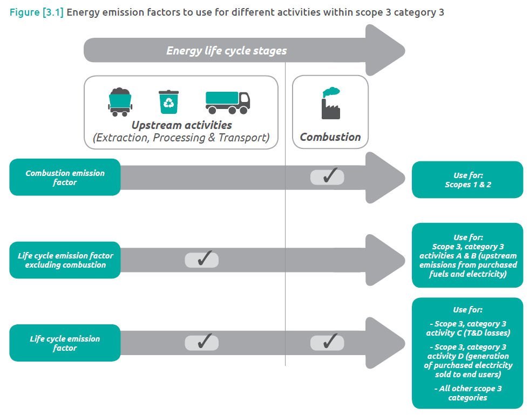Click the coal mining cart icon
point(120,102)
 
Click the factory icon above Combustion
point(330,103)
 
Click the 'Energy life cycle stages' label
point(226,51)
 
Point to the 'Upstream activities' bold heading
point(181,125)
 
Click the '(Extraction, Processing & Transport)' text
point(181,138)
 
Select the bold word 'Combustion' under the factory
point(330,137)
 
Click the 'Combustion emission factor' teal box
point(65,178)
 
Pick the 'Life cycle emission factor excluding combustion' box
point(65,260)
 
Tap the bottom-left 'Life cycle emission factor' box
point(65,343)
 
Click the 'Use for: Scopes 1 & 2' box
point(467,180)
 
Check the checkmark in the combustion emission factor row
point(327,176)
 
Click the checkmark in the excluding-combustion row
point(202,260)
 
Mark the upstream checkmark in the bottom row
point(202,342)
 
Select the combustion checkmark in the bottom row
point(327,342)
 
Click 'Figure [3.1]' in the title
point(37,12)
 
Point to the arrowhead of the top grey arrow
point(386,51)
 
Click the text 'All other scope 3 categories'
point(467,393)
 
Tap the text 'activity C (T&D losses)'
point(467,333)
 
